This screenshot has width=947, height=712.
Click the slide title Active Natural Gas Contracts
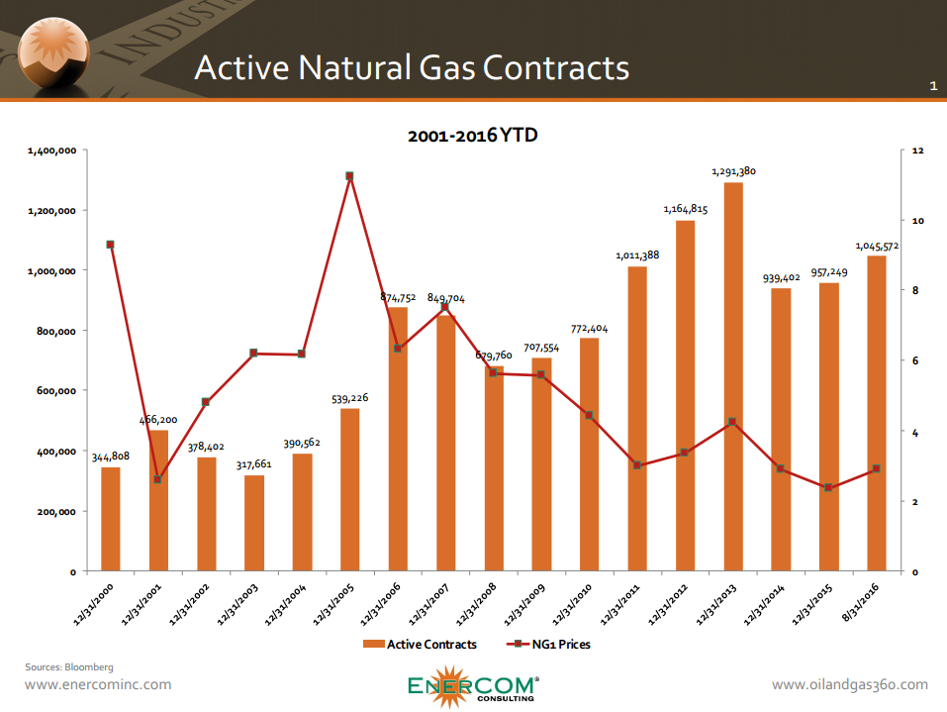(x=411, y=67)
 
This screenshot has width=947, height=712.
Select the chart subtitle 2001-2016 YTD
(x=473, y=135)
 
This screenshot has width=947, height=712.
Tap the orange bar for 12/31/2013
(x=732, y=376)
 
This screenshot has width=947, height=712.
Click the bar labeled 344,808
(x=110, y=519)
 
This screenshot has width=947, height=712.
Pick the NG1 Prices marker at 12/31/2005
(x=349, y=176)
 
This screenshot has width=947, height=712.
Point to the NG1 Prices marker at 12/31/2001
(x=158, y=479)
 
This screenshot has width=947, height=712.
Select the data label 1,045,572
(x=878, y=245)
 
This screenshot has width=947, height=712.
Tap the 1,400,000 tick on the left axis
(x=52, y=151)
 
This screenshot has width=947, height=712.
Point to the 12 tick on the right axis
(x=917, y=151)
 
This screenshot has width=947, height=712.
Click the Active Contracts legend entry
(x=420, y=645)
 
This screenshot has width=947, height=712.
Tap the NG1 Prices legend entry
(x=550, y=645)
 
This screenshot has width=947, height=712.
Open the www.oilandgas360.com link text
(x=849, y=684)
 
